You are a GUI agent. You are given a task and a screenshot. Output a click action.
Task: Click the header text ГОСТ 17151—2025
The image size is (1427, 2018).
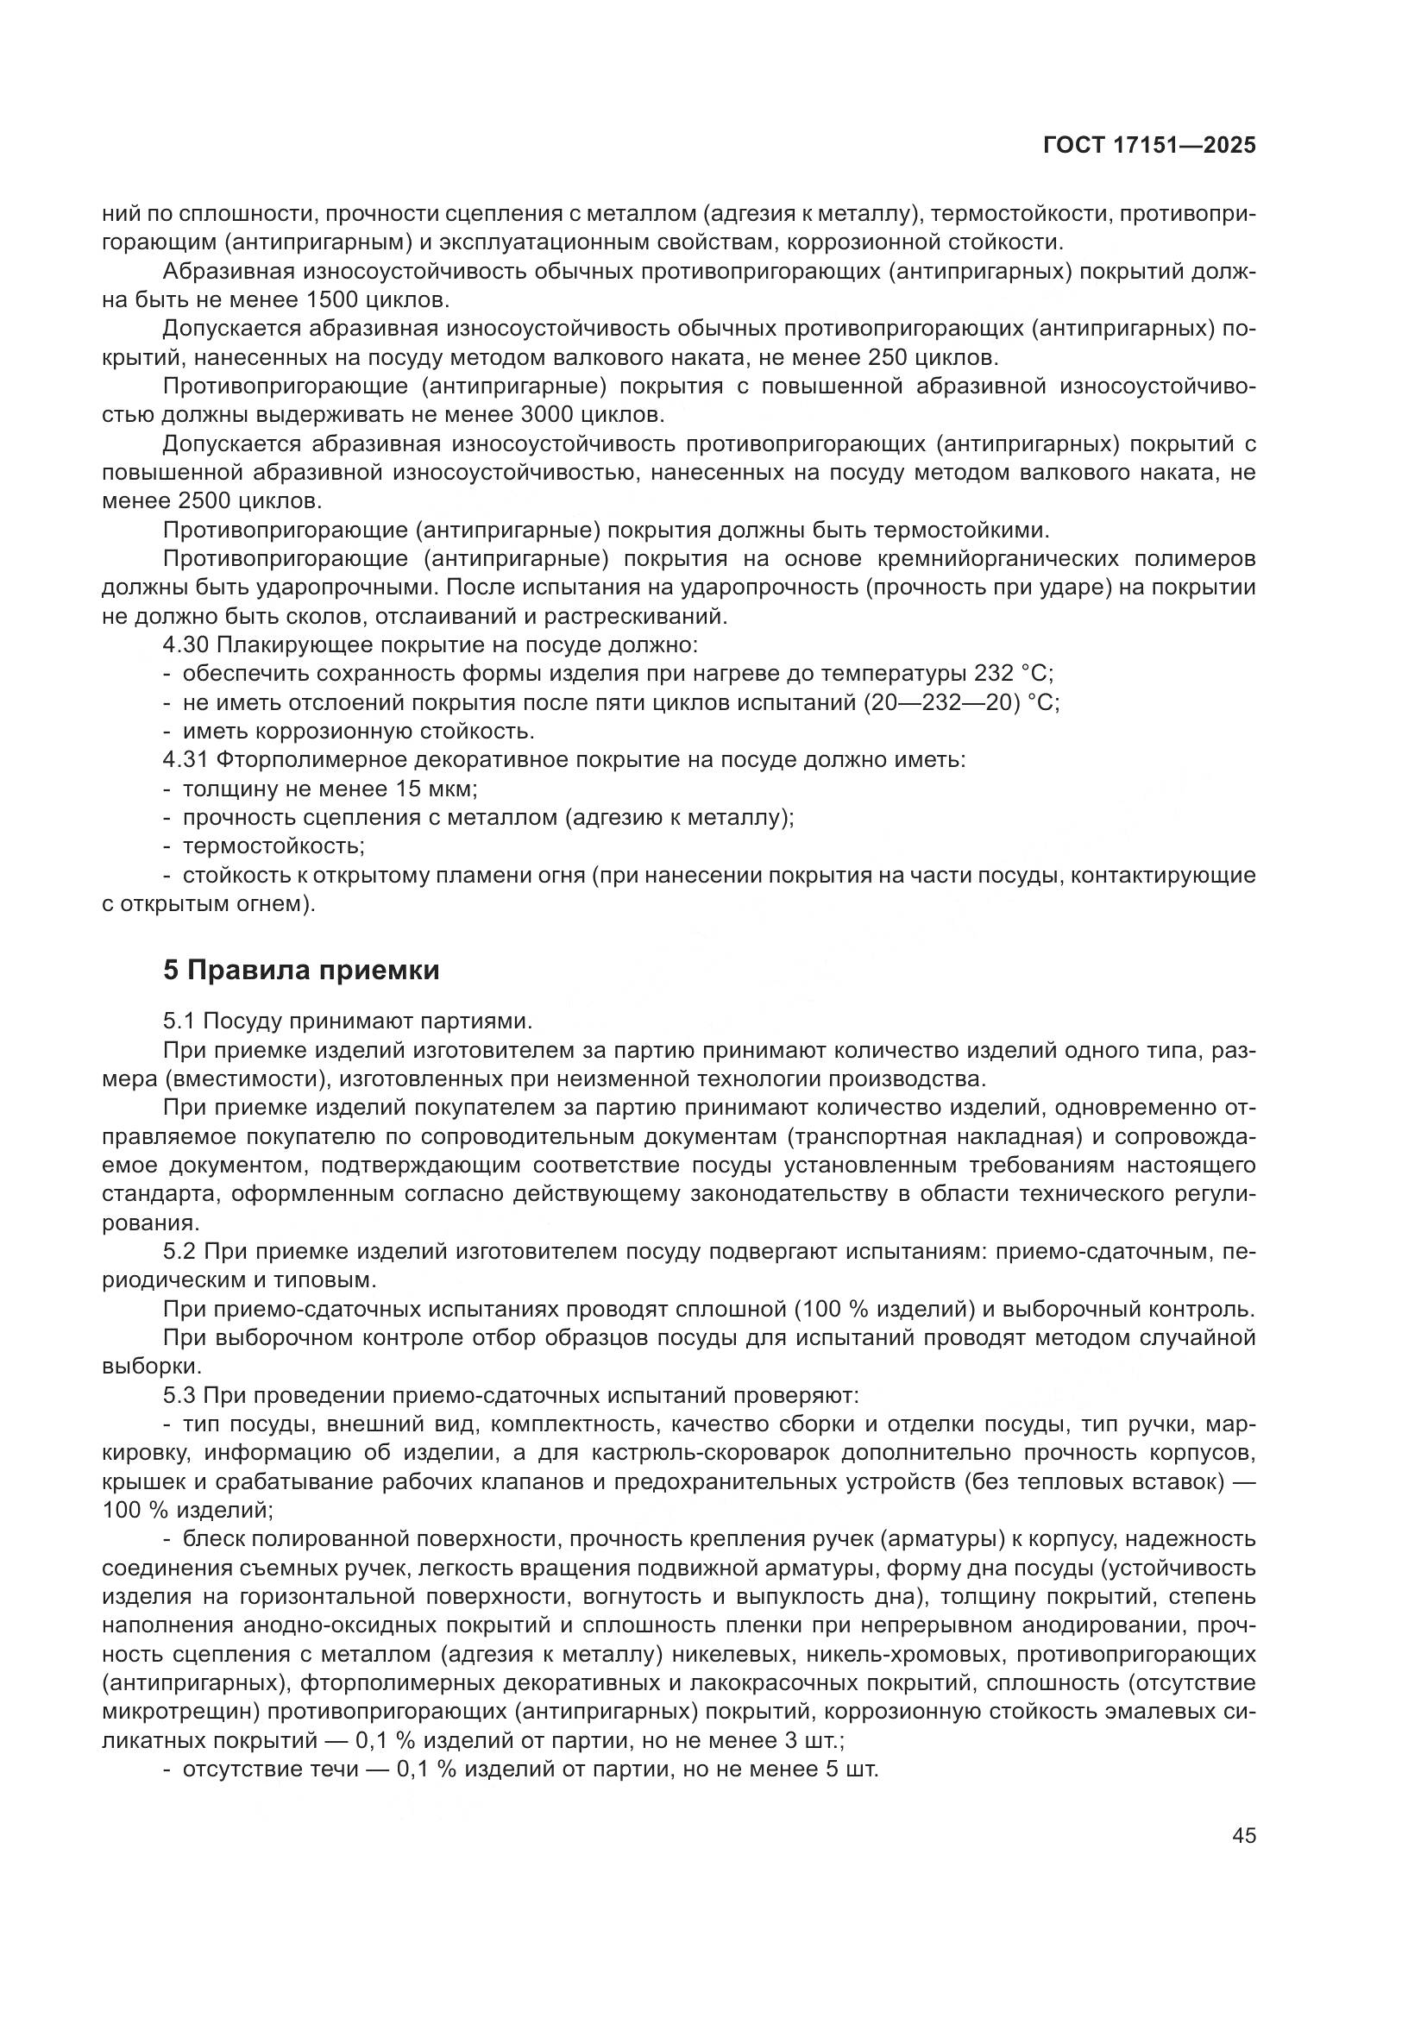click(x=1149, y=146)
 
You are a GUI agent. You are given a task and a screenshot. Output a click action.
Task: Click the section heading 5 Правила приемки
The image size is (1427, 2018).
click(x=301, y=971)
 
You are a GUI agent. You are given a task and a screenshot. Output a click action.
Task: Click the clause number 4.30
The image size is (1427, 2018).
click(x=185, y=645)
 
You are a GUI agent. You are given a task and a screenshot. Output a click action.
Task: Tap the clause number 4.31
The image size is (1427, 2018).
click(x=185, y=760)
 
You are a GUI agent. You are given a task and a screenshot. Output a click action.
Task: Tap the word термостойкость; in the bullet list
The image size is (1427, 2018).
click(x=273, y=846)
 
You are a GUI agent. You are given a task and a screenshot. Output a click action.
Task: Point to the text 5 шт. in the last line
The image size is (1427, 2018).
click(x=852, y=1770)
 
